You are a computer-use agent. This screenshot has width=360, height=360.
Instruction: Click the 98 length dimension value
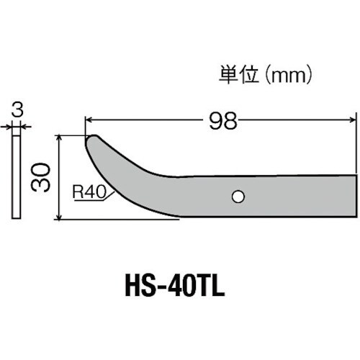[x=223, y=121]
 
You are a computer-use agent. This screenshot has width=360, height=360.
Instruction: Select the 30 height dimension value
[x=42, y=176]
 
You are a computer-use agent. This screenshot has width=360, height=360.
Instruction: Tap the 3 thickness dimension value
[x=16, y=110]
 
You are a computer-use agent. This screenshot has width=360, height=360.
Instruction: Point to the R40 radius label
[x=87, y=192]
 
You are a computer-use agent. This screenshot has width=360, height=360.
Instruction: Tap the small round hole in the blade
[x=237, y=195]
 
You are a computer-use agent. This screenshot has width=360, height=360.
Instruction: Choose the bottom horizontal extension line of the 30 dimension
[x=119, y=220]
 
